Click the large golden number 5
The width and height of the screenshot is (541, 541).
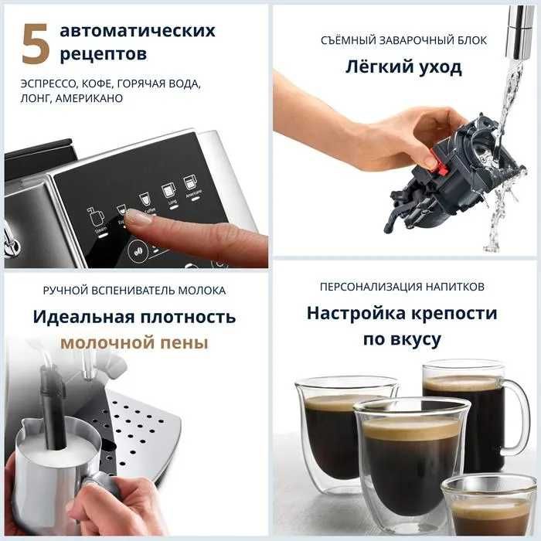(36, 43)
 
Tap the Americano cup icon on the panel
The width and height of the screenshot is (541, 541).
(189, 184)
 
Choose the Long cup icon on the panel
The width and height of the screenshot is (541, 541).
(168, 190)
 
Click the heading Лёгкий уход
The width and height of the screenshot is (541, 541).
(403, 67)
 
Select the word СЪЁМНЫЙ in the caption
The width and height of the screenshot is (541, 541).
(340, 40)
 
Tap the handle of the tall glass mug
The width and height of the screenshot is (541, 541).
(515, 417)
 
